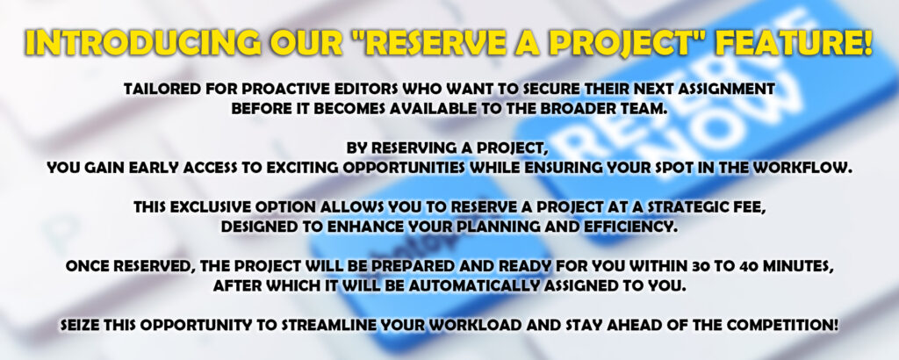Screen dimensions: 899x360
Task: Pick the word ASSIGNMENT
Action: point(732,89)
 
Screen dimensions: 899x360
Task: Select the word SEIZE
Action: point(78,326)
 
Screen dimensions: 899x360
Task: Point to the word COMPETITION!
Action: point(790,326)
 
